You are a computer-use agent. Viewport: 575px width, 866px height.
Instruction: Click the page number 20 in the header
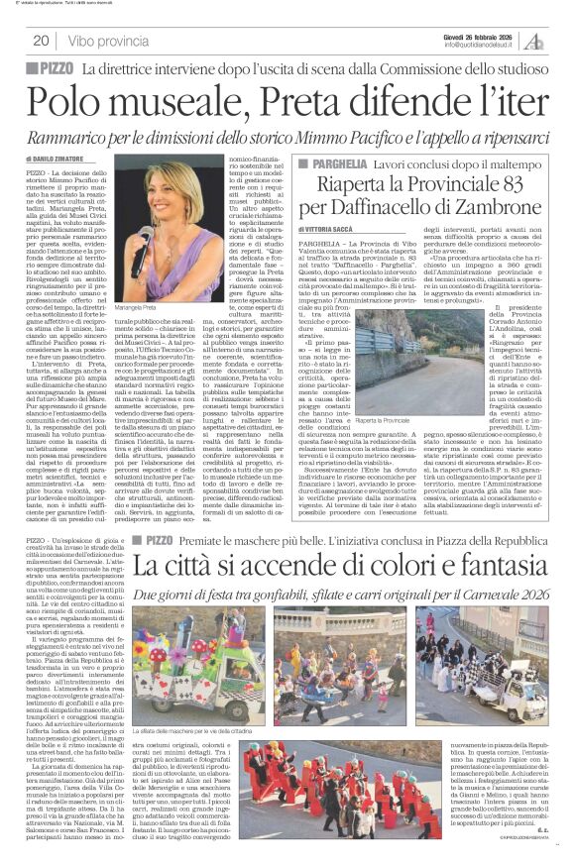click(x=42, y=41)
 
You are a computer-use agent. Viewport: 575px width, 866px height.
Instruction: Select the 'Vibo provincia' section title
click(x=112, y=41)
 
